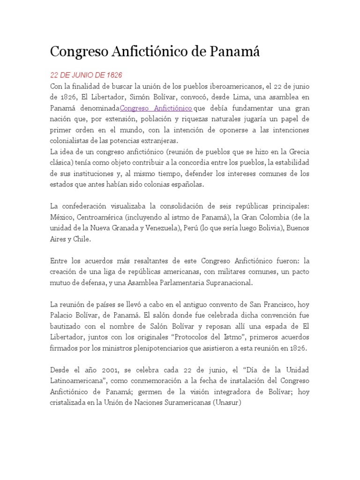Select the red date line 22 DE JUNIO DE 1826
point(86,75)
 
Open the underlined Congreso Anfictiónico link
point(156,108)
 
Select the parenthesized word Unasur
point(227,403)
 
